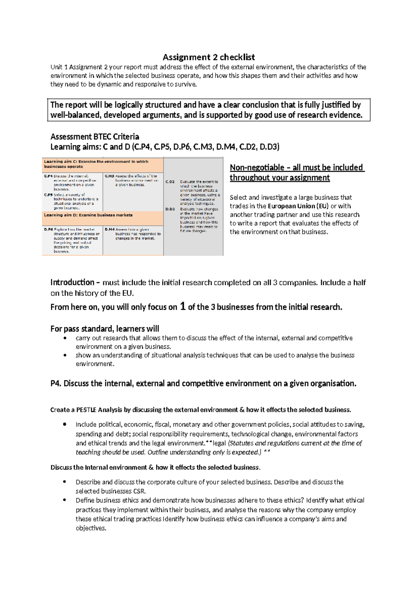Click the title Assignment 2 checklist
click(x=209, y=57)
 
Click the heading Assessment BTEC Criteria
click(x=95, y=137)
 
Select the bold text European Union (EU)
click(x=298, y=206)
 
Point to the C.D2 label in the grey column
click(x=170, y=182)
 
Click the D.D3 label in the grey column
click(x=170, y=209)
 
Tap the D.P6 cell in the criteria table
click(x=72, y=240)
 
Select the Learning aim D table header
click(x=88, y=215)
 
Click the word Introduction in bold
click(x=72, y=282)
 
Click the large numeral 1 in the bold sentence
click(x=183, y=307)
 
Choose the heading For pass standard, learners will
click(x=104, y=329)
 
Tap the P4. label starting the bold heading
click(x=56, y=384)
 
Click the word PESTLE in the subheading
click(x=86, y=410)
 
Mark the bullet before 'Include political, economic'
click(x=65, y=424)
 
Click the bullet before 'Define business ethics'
click(x=65, y=500)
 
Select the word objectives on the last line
click(x=90, y=528)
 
